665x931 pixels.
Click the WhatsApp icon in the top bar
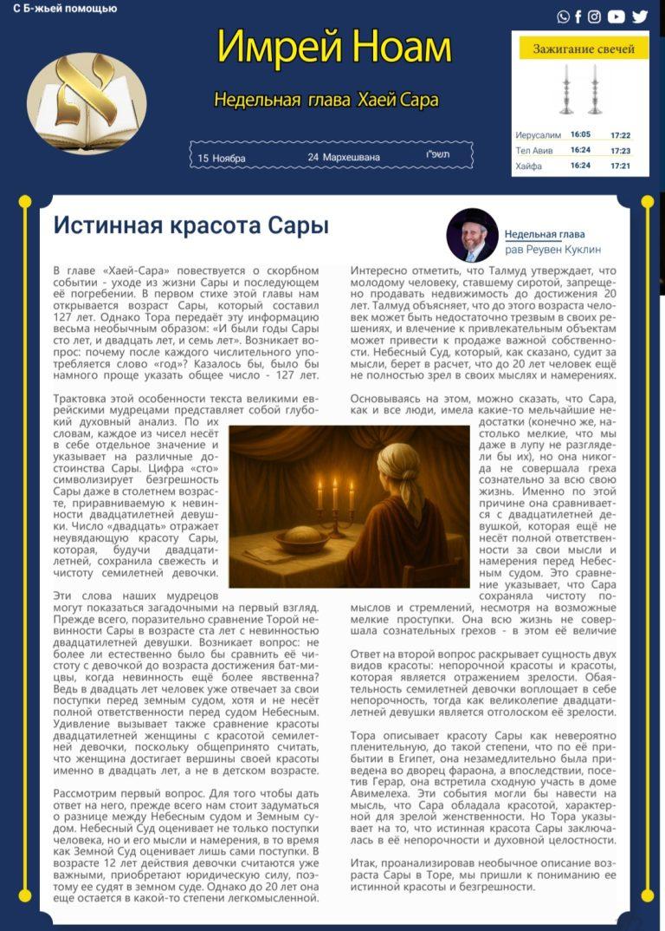point(564,16)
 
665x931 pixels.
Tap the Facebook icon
point(578,16)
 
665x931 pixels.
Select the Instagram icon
point(595,16)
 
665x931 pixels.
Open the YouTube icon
point(616,16)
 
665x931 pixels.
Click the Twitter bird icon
point(640,16)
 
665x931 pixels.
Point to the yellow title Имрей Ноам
point(334,48)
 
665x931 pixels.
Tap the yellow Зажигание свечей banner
point(584,49)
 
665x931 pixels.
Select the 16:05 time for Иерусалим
point(580,135)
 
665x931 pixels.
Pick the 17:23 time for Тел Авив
point(620,151)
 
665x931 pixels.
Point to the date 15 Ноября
point(222,158)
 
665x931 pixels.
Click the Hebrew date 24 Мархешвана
point(344,158)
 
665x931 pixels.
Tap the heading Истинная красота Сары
point(191,226)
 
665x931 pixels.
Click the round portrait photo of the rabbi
point(472,235)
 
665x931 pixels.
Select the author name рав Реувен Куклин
point(553,250)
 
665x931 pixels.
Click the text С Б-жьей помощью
point(65,9)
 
